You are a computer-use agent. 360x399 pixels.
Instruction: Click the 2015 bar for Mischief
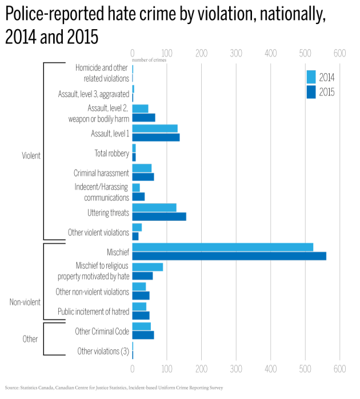(229, 256)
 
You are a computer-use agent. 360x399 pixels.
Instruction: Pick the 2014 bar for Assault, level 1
(155, 128)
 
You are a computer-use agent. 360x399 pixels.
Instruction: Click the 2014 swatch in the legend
(311, 78)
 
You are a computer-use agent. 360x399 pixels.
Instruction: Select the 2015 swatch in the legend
(311, 91)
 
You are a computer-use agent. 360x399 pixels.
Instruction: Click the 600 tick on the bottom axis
(340, 369)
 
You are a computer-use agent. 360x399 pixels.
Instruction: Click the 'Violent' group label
(31, 155)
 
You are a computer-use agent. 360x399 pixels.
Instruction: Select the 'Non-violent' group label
(25, 302)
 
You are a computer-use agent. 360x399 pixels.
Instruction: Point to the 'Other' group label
(30, 339)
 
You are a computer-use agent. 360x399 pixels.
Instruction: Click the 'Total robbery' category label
(111, 153)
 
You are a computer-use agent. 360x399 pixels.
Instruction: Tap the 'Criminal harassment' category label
(101, 173)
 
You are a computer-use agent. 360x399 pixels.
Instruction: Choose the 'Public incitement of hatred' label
(94, 312)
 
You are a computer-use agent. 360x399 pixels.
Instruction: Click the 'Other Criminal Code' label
(102, 331)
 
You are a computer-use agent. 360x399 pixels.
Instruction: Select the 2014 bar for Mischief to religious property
(147, 267)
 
